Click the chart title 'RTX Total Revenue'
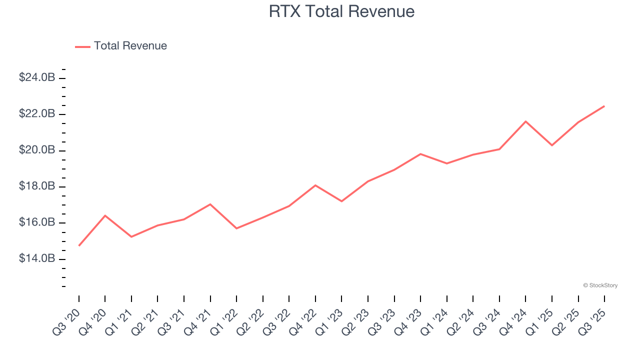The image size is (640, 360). [x=341, y=11]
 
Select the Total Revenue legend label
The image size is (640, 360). [x=130, y=46]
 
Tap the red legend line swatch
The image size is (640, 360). [x=82, y=46]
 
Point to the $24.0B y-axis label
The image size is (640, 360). [x=37, y=77]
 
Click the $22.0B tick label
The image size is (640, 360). [x=37, y=114]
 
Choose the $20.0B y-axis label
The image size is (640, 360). [x=37, y=150]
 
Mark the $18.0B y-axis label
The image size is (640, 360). [x=37, y=186]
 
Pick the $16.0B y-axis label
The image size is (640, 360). [x=37, y=222]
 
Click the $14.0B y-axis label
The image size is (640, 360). [x=37, y=258]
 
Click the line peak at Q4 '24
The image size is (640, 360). [x=525, y=121]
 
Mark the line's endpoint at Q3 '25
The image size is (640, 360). [x=604, y=106]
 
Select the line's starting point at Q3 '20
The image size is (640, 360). [x=79, y=245]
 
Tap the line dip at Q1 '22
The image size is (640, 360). [x=236, y=228]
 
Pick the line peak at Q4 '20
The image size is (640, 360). [x=105, y=215]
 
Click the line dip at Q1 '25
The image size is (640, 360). [x=552, y=145]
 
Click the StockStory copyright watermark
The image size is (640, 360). [x=600, y=285]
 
